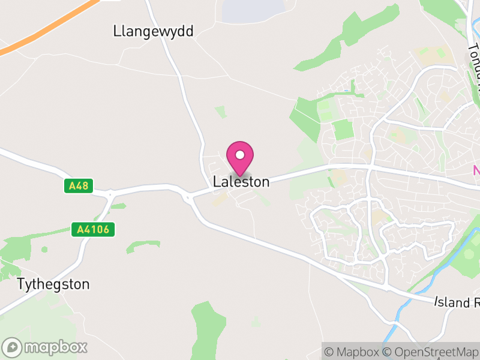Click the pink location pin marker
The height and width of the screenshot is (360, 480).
coord(240,157)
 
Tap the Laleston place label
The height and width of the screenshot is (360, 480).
coord(241,181)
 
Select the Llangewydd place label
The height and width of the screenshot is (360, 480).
coord(153,31)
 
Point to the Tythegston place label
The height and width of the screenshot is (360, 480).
coord(53,284)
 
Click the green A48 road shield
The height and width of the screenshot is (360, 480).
coord(79,186)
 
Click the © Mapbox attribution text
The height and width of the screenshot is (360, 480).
coord(353,352)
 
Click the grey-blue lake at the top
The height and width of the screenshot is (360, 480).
coord(252,9)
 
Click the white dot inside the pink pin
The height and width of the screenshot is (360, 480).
coord(240,155)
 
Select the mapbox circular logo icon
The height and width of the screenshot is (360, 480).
coord(13,347)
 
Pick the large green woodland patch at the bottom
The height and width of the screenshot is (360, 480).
coord(207,330)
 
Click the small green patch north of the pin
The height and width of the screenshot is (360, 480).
coord(221,112)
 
